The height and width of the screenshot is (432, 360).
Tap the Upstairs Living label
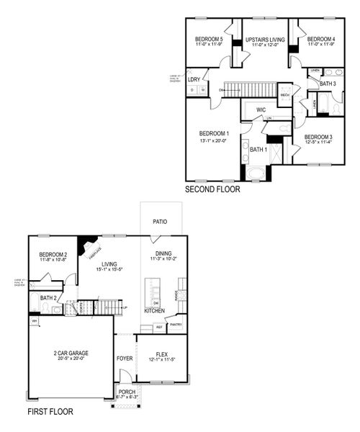pos(265,40)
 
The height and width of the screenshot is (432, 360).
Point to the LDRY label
pos(194,79)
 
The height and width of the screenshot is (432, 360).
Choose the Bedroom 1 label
pos(214,133)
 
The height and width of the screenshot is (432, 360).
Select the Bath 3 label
pos(328,84)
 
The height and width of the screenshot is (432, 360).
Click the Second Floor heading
pos(212,190)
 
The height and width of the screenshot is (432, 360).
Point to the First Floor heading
pos(50,413)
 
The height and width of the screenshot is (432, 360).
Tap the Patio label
pos(160,222)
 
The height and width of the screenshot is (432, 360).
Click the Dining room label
pos(163,253)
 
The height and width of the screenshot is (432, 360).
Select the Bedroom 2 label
pos(53,254)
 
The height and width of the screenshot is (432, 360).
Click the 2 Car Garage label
pos(71,353)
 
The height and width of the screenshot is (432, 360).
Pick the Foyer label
pos(124,357)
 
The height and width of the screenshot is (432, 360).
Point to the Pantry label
pos(176,325)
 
